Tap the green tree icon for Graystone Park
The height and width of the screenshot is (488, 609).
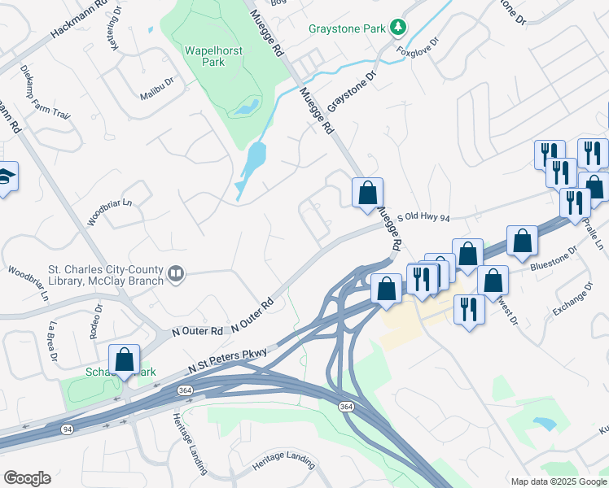coord(398,28)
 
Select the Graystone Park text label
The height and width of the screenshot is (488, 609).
coord(347,28)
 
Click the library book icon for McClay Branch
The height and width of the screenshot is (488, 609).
coord(175,274)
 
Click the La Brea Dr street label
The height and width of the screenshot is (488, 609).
coord(54,335)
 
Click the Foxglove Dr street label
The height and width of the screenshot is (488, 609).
coord(418,48)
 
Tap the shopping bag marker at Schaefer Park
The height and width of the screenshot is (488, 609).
coord(125,359)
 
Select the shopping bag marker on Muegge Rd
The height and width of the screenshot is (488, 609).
coord(367,193)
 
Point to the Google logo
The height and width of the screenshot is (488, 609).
coord(27,478)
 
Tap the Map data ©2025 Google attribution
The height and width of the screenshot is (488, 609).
coord(559,481)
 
